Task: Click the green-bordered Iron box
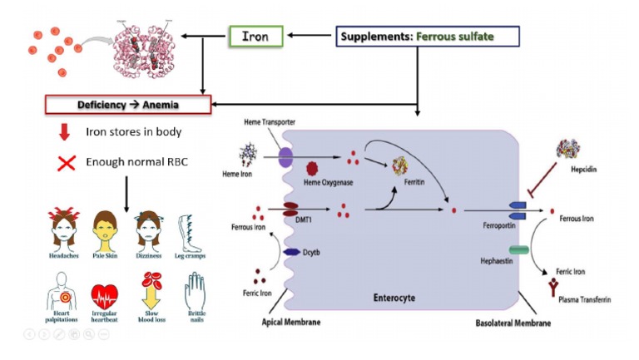point(255,36)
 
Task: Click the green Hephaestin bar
point(517,250)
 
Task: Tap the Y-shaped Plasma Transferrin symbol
point(551,287)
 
